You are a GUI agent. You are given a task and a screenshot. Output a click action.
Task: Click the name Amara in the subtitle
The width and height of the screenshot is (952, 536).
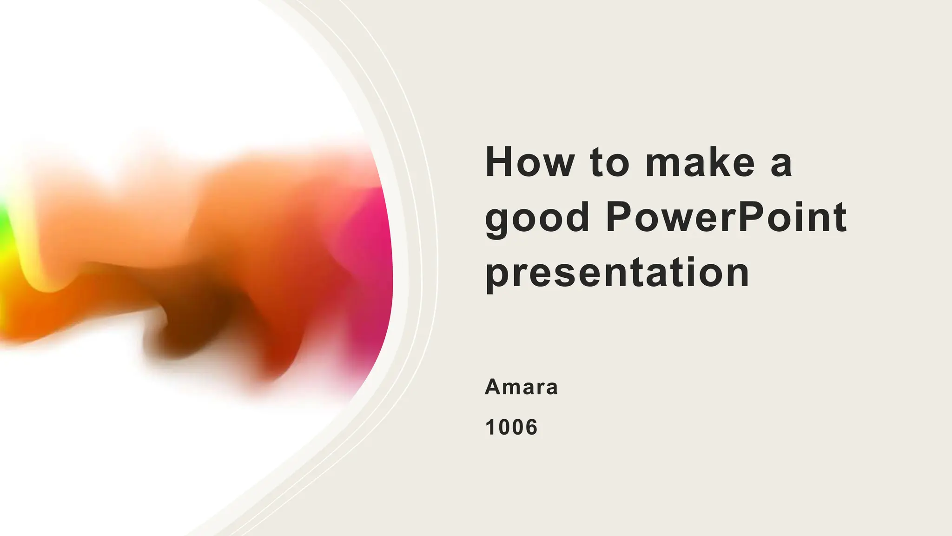coord(521,387)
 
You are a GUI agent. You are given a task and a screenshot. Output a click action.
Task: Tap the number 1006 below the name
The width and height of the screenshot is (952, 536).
coord(511,427)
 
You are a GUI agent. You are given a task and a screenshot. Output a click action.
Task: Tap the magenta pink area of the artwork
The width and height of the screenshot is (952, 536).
coord(372,242)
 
